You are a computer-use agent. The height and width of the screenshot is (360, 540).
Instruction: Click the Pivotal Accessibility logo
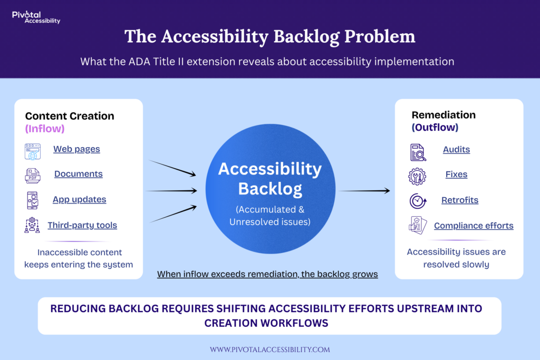point(35,17)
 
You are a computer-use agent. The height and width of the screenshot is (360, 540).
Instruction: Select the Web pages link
point(76,149)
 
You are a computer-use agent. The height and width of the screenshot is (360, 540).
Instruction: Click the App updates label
point(79,200)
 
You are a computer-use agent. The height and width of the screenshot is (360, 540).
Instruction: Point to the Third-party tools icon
point(32,225)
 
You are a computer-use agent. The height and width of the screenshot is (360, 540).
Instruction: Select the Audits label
point(456,150)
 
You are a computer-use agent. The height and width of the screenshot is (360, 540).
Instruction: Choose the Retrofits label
point(460,200)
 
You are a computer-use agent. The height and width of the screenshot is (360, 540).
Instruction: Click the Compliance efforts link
point(474,226)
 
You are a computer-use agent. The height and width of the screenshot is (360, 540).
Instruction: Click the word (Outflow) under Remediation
point(435,128)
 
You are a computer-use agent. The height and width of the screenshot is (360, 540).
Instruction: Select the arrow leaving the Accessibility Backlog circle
point(364,191)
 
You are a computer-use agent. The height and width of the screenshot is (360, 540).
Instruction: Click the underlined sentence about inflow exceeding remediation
point(267,275)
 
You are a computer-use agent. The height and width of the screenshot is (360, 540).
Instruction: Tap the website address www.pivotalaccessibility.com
point(269,349)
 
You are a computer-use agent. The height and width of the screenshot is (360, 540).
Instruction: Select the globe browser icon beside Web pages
point(32,151)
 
